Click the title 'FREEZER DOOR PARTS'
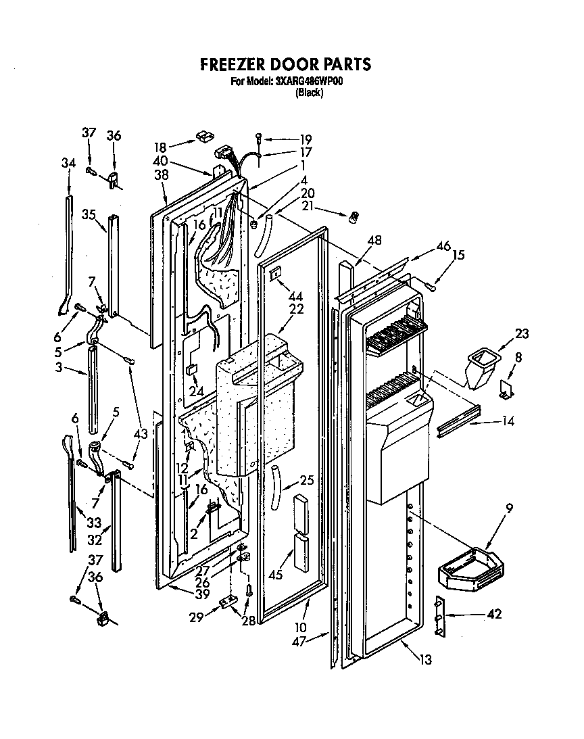click(285, 64)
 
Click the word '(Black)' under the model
click(310, 93)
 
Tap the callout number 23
click(521, 333)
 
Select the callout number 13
click(426, 659)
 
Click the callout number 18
click(160, 147)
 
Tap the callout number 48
click(375, 239)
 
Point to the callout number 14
click(508, 422)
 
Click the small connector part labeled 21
click(352, 218)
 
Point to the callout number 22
click(296, 309)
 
